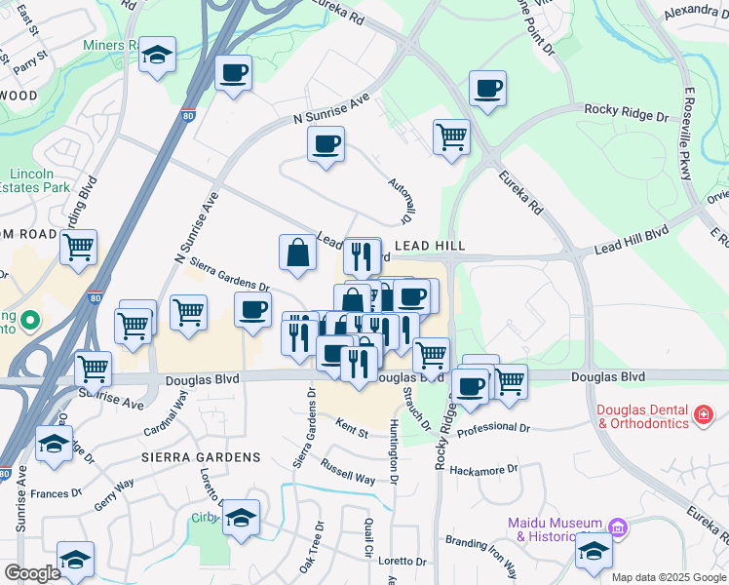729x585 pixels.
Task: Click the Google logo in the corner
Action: (x=31, y=573)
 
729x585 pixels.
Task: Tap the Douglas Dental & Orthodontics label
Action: (x=641, y=416)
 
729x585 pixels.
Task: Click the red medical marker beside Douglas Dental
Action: (x=702, y=416)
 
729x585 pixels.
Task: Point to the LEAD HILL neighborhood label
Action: (x=430, y=247)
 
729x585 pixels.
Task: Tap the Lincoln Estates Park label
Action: (x=38, y=179)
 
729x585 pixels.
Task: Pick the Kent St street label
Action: (x=352, y=428)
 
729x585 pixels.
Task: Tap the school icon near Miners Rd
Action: (x=156, y=56)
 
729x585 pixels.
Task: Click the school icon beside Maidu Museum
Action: (x=594, y=550)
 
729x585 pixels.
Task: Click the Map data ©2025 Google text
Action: (x=669, y=577)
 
